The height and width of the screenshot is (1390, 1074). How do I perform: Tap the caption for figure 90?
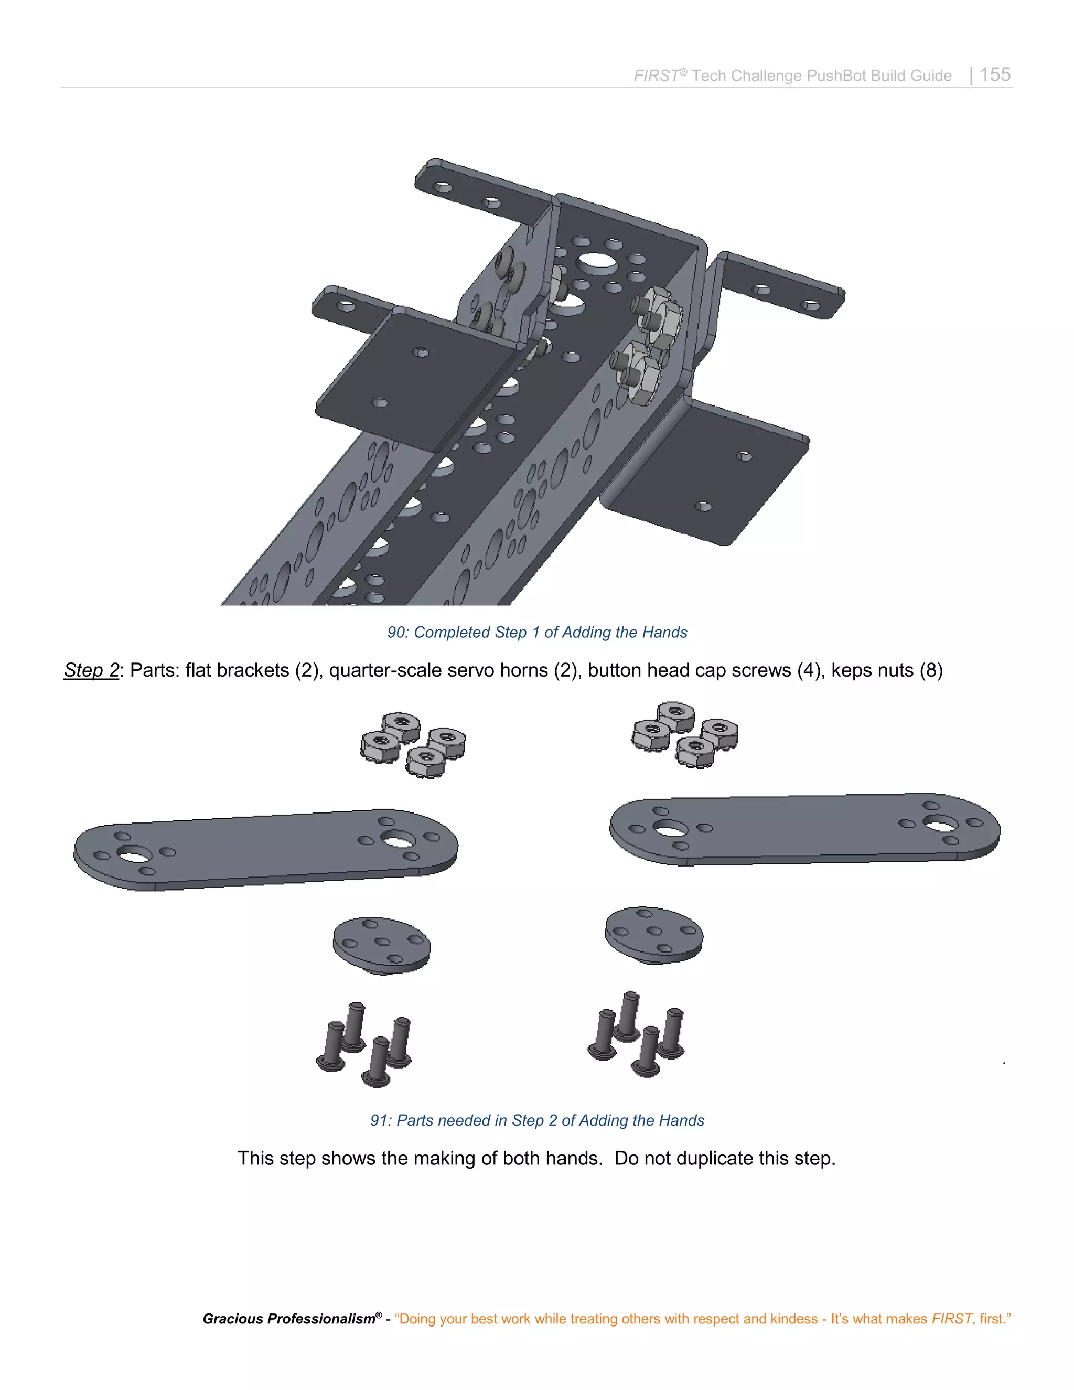(x=536, y=632)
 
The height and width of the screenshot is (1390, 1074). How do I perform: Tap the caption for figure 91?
(x=536, y=1120)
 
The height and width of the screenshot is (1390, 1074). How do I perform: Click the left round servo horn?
(x=381, y=946)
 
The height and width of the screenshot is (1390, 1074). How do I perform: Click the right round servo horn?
(x=653, y=935)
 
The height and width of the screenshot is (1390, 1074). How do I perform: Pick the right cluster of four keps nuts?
(x=684, y=734)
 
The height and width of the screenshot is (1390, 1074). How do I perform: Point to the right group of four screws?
(x=636, y=1033)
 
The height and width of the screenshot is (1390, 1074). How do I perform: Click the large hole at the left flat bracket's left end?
(x=135, y=854)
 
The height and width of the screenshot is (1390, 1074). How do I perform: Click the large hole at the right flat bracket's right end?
(x=940, y=824)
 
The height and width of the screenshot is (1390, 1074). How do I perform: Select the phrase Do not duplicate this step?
(x=724, y=1158)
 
